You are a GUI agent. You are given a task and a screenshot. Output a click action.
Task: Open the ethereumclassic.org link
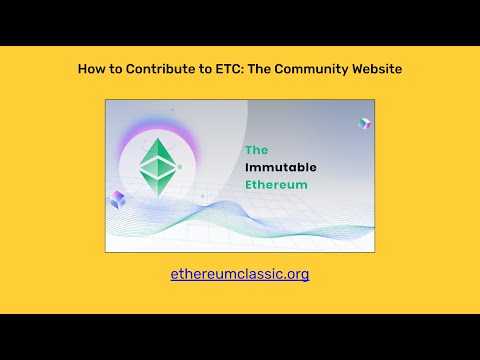pyautogui.click(x=240, y=273)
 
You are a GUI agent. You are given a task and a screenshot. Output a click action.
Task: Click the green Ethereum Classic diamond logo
pyautogui.click(x=156, y=166)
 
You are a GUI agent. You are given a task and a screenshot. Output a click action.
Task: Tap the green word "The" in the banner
pyautogui.click(x=256, y=150)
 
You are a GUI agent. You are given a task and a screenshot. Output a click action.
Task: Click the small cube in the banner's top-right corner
pyautogui.click(x=364, y=123)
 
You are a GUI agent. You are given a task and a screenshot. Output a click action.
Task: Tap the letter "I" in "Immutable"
pyautogui.click(x=247, y=168)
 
